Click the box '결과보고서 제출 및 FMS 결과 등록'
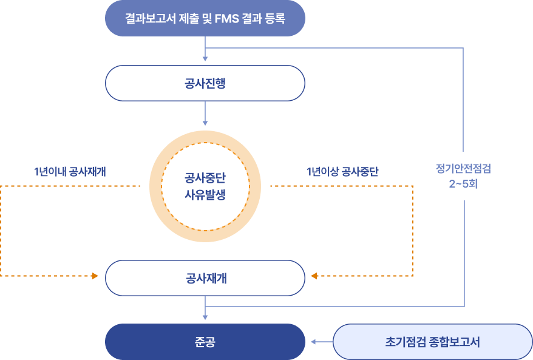tap(205, 18)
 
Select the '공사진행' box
tap(205, 83)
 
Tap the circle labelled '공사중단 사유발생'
tap(205, 186)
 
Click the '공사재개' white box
tap(205, 278)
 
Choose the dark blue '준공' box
tap(205, 342)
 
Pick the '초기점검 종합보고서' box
tap(433, 342)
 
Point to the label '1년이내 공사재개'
tap(70, 172)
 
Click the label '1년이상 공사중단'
tap(342, 172)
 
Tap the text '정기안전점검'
tap(463, 168)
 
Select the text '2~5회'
tap(463, 183)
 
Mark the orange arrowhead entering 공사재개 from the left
tap(95, 276)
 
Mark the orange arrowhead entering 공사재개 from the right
tap(314, 276)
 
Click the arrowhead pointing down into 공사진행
tap(205, 59)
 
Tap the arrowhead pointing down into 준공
tap(205, 317)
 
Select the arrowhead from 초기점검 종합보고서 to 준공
tap(314, 342)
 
